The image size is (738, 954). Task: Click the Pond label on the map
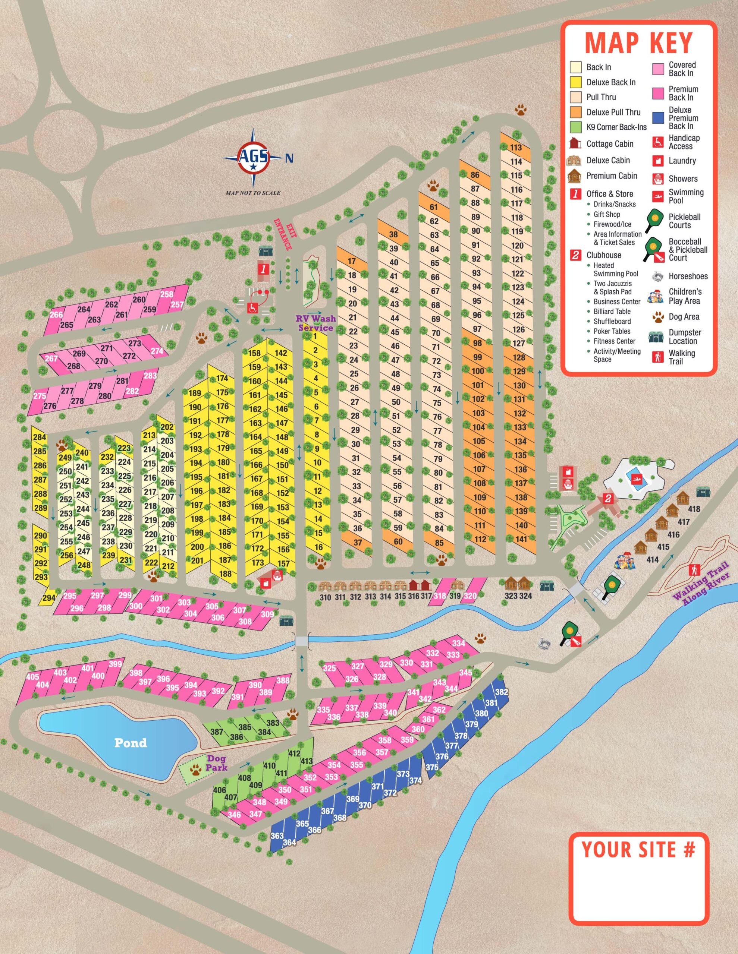(x=130, y=743)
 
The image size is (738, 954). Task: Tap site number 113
(x=516, y=147)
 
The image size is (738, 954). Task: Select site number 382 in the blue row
(x=502, y=692)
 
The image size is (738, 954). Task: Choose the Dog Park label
(x=217, y=763)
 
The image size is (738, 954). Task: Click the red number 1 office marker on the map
(x=263, y=269)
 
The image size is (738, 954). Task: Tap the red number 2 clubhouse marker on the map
(x=608, y=498)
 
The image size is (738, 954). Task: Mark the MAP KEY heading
(x=639, y=43)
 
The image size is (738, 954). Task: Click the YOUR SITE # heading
(x=638, y=849)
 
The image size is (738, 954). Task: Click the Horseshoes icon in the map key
(x=659, y=276)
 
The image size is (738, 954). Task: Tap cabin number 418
(x=694, y=509)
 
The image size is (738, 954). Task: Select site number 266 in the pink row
(x=56, y=315)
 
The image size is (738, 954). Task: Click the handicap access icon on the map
(x=253, y=307)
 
